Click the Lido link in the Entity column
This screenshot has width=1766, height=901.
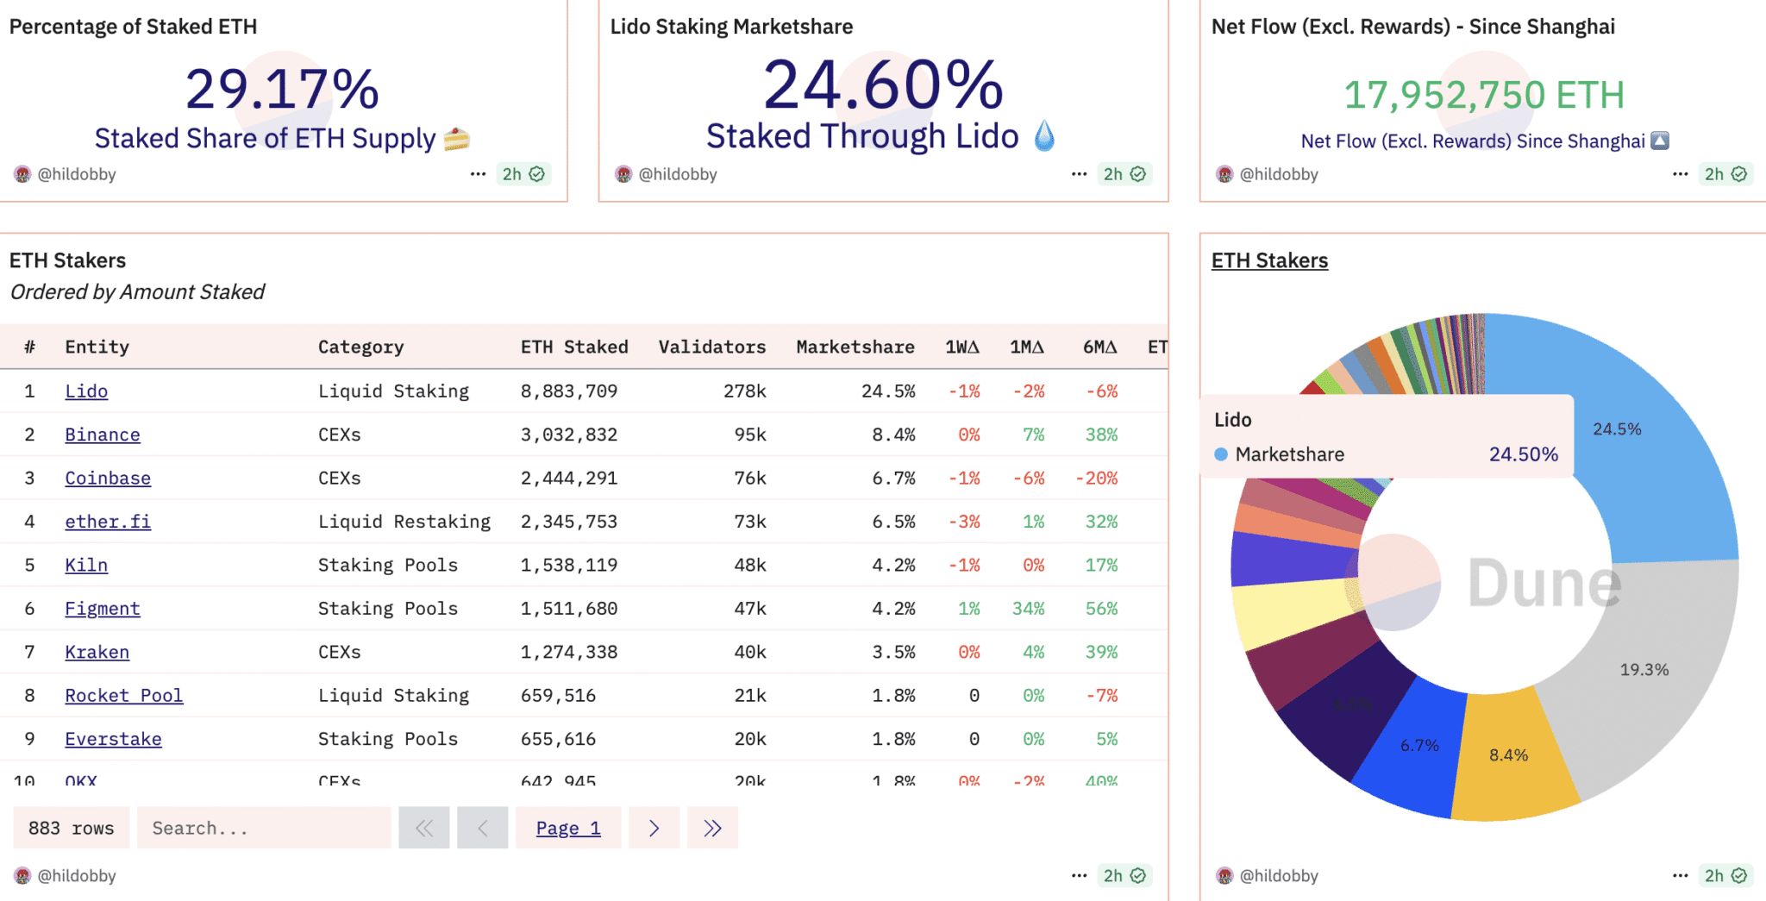86,391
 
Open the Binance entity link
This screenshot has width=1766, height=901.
102,435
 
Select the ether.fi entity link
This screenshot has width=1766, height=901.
108,522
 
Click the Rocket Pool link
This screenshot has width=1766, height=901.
123,696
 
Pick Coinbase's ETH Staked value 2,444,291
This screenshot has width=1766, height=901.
569,479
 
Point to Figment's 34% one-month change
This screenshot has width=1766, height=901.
1028,609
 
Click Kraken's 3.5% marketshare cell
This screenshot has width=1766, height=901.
893,653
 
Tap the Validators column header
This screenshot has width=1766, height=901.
712,347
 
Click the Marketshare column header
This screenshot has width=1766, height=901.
855,347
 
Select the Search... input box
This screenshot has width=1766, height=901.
264,829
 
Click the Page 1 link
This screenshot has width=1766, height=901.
568,829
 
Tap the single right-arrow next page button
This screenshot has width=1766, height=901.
654,829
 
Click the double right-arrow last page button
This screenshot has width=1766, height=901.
712,829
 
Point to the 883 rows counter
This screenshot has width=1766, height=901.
72,829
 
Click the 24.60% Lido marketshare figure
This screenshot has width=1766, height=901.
883,86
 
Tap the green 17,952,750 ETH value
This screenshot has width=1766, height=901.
1484,96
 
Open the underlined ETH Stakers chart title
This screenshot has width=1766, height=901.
1269,261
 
